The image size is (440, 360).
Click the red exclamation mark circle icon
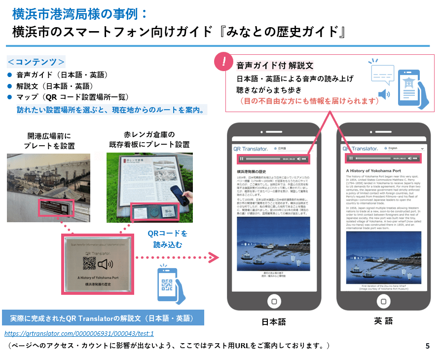pyautogui.click(x=225, y=62)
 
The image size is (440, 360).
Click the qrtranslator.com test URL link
pyautogui.click(x=79, y=333)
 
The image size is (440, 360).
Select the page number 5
pyautogui.click(x=427, y=346)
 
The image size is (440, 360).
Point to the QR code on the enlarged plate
pyautogui.click(x=89, y=264)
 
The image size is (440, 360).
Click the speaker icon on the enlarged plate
pyautogui.click(x=106, y=264)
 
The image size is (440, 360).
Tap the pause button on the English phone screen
pyautogui.click(x=351, y=158)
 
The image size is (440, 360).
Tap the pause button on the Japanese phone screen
pyautogui.click(x=241, y=159)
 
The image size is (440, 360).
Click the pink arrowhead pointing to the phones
pyautogui.click(x=213, y=257)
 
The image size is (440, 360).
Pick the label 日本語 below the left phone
pyautogui.click(x=274, y=322)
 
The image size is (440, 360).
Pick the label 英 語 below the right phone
pyautogui.click(x=383, y=321)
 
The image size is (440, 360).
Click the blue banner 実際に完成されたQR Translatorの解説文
pyautogui.click(x=102, y=318)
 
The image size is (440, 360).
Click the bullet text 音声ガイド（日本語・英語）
pyautogui.click(x=62, y=75)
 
